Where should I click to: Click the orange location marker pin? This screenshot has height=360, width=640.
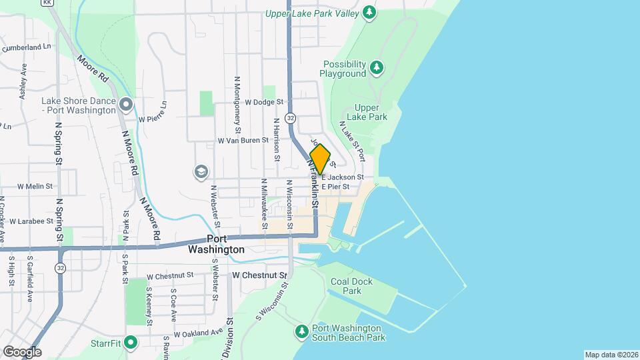[321, 159]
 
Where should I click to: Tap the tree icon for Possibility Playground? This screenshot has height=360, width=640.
[377, 67]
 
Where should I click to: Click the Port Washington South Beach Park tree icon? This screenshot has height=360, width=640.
[302, 331]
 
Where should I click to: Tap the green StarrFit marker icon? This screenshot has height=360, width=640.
[131, 343]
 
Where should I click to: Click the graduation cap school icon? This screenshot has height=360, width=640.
[200, 172]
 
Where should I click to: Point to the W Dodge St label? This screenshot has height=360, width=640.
[265, 103]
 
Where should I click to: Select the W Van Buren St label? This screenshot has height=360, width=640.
[243, 141]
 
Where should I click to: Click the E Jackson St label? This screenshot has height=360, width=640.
[343, 177]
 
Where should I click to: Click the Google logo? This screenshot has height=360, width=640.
[22, 352]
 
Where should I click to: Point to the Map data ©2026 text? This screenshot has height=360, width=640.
[611, 355]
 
